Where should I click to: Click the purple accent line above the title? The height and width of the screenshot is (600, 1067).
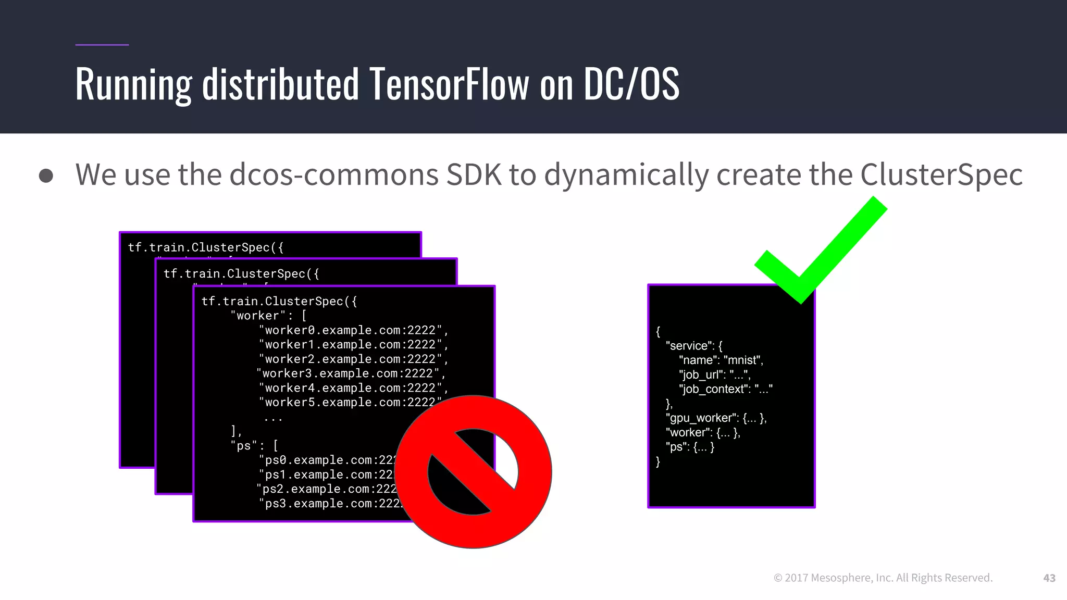102,45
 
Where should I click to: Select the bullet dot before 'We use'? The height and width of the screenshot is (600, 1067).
46,176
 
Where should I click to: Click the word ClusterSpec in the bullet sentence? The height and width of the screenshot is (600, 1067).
941,174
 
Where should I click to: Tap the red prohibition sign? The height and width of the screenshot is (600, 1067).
473,471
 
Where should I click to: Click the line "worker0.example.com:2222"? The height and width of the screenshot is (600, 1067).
353,330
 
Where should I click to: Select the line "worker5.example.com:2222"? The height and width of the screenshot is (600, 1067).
349,402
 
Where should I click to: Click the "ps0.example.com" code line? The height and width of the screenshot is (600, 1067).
328,460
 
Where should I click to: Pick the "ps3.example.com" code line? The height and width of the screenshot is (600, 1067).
328,503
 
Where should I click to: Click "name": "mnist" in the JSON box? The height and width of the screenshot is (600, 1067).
721,360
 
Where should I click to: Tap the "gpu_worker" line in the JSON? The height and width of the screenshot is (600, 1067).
715,418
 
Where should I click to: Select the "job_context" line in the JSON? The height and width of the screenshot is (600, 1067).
725,389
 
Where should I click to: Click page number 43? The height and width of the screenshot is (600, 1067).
1049,578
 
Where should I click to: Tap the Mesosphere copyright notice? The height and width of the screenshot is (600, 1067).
883,578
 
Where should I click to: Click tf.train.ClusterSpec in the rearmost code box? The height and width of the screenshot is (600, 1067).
206,247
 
